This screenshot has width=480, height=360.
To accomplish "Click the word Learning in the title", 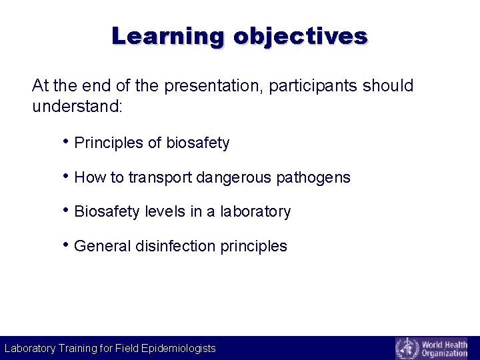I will coord(169,35).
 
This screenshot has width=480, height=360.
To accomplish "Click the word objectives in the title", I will coord(300,35).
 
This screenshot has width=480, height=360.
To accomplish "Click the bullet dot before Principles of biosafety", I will coord(66,142).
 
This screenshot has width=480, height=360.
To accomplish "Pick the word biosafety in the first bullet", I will coord(197,143).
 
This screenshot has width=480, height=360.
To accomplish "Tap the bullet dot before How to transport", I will coord(66,176).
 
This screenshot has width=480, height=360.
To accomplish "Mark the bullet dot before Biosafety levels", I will coord(66,211).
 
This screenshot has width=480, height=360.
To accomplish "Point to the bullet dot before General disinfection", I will coord(66,245).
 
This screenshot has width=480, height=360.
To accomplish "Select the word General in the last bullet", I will coord(103,246).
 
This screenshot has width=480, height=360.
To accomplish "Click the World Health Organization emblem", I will coord(407,348).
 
